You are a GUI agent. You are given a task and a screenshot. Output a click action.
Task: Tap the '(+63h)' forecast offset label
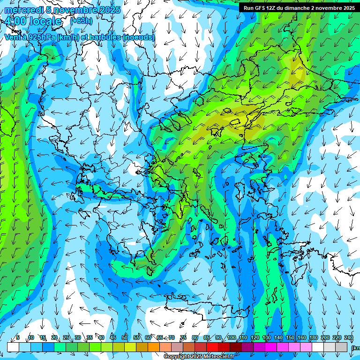coord(81,21)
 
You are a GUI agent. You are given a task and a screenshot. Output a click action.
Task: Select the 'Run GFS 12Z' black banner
coord(299,7)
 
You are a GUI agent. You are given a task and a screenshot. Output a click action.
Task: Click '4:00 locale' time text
coord(33,21)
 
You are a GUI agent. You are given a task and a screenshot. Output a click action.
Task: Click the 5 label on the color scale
coord(18,338)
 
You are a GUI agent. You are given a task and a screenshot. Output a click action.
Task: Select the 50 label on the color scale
coord(125,338)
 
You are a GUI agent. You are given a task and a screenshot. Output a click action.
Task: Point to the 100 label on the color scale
coord(231,338)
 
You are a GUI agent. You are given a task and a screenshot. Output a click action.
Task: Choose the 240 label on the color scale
coord(348,338)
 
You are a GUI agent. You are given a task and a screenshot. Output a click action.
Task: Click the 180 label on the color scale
coord(313,338)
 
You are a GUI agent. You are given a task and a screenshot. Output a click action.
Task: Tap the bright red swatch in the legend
coord(212,347)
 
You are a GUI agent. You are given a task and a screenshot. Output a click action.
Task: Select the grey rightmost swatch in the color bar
coord(341,347)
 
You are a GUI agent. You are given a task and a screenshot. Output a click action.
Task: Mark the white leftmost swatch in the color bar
coord(13,347)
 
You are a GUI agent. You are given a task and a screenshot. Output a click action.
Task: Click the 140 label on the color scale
coord(278,338)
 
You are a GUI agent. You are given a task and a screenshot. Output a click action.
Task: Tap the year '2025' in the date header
coord(110,10)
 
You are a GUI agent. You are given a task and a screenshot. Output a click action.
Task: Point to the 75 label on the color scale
coord(183,338)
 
